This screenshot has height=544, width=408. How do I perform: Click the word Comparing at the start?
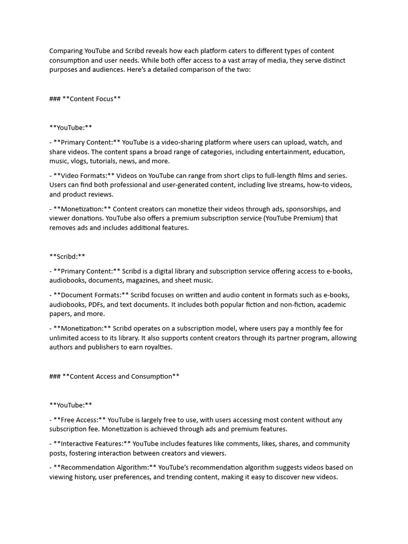66,50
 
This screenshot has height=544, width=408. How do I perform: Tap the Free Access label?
80,420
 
